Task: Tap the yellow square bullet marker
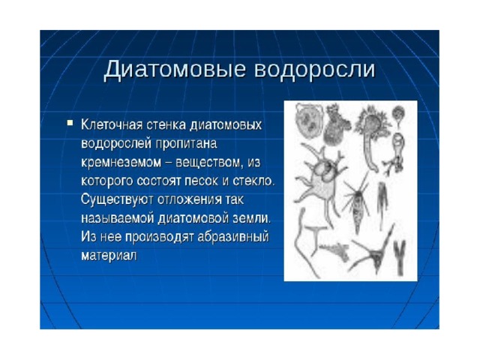[x=70, y=123]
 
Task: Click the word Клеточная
[x=112, y=124]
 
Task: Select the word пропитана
[x=187, y=143]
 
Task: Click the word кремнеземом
[x=121, y=162]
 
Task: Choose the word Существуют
[x=117, y=199]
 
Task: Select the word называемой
[x=117, y=218]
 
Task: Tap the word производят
[x=159, y=237]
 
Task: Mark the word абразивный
[x=233, y=237]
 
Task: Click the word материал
[x=109, y=256]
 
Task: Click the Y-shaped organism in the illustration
[x=399, y=258]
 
